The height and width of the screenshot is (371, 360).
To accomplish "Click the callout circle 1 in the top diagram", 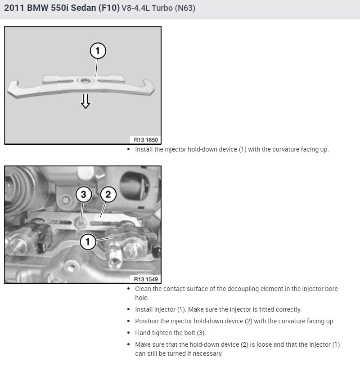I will pyautogui.click(x=98, y=51).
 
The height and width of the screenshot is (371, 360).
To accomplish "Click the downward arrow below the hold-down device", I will pyautogui.click(x=85, y=102).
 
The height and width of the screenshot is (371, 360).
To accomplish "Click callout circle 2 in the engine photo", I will pyautogui.click(x=108, y=195).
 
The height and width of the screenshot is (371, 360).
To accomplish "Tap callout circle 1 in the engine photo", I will pyautogui.click(x=88, y=242).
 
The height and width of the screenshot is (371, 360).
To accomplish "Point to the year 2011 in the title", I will pyautogui.click(x=14, y=8).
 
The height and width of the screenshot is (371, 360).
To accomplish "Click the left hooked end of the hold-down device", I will pyautogui.click(x=13, y=87).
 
